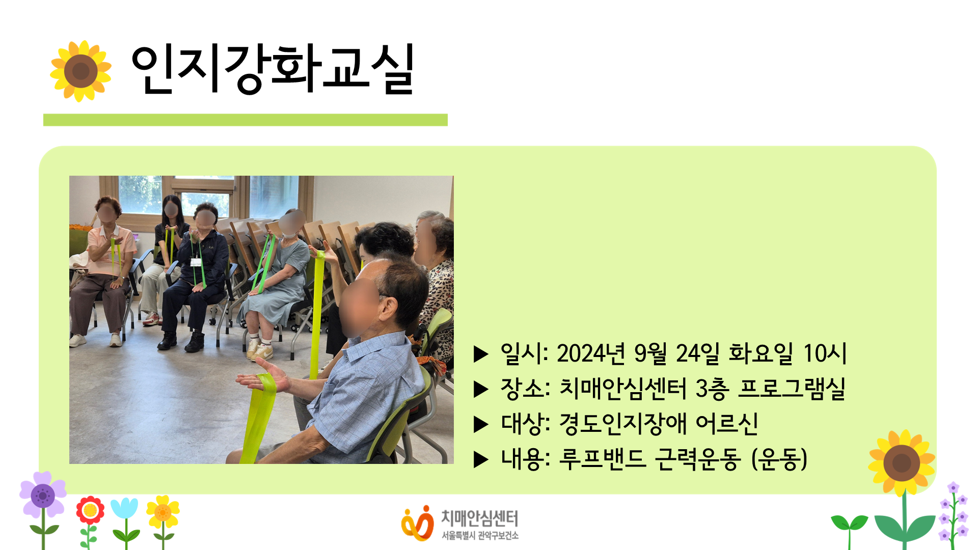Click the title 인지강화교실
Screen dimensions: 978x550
tap(273, 69)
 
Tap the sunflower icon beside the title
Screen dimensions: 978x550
tap(80, 71)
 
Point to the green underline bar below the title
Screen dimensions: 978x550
tap(246, 120)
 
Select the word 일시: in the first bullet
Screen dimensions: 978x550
tap(524, 353)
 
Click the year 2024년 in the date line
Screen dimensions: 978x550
tap(591, 353)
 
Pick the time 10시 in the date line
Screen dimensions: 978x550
tap(825, 353)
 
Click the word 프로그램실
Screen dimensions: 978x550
tap(792, 389)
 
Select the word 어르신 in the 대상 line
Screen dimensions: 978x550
tap(727, 424)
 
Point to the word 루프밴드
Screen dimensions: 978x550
tap(603, 459)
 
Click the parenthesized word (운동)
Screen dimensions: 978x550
tap(779, 459)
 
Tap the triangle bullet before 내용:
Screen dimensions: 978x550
tap(481, 459)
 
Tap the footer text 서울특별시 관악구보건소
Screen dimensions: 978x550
tap(480, 536)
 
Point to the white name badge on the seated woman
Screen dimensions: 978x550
tap(196, 262)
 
